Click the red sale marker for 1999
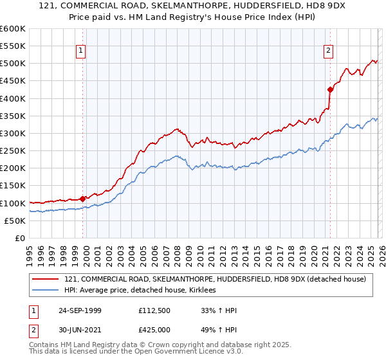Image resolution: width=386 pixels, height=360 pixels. click(82, 199)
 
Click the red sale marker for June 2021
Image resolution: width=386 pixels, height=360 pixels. click(330, 89)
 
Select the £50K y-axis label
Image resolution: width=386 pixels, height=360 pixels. click(15, 221)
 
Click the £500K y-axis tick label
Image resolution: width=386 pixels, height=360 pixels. click(13, 64)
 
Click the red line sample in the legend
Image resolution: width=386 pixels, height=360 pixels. click(46, 279)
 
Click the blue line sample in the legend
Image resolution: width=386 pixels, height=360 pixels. click(46, 291)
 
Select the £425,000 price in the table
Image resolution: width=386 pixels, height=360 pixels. click(156, 331)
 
